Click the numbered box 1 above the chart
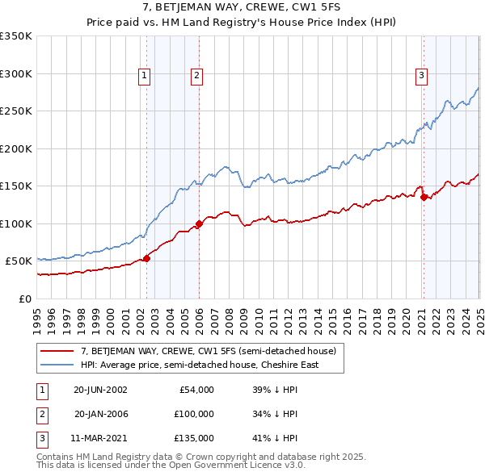tap(144, 76)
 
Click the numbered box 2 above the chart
tap(196, 76)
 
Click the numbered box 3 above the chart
tap(422, 76)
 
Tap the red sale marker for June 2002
tap(146, 258)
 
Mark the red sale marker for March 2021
tap(424, 197)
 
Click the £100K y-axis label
tap(16, 223)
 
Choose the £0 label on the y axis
tap(24, 299)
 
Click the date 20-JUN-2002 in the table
tap(100, 390)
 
